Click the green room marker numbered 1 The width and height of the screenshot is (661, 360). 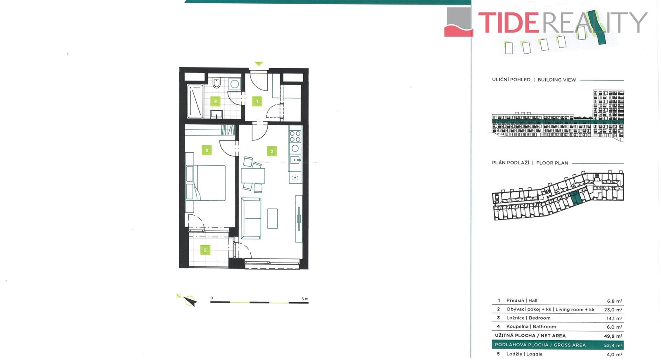(257, 102)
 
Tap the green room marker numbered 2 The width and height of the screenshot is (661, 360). (272, 151)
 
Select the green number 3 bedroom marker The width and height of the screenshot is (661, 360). (207, 150)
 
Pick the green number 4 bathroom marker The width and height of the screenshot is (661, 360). (215, 102)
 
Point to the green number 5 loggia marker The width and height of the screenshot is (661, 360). (205, 250)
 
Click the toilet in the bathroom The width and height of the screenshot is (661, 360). (216, 83)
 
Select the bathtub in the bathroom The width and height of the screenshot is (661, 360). (195, 102)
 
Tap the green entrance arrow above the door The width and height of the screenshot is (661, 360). (259, 64)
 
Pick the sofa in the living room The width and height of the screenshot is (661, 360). (251, 218)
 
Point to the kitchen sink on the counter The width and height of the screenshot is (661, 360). (295, 161)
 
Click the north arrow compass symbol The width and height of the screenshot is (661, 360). (190, 301)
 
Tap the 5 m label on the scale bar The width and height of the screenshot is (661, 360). (305, 298)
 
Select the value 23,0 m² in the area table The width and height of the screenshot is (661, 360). (613, 310)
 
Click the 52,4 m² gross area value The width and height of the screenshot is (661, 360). (613, 345)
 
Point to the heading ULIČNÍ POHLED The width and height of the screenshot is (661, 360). (511, 80)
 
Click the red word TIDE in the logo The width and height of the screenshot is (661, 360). (509, 22)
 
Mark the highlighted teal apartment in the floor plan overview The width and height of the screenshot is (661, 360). (576, 199)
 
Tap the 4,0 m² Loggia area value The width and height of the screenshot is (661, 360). (614, 354)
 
